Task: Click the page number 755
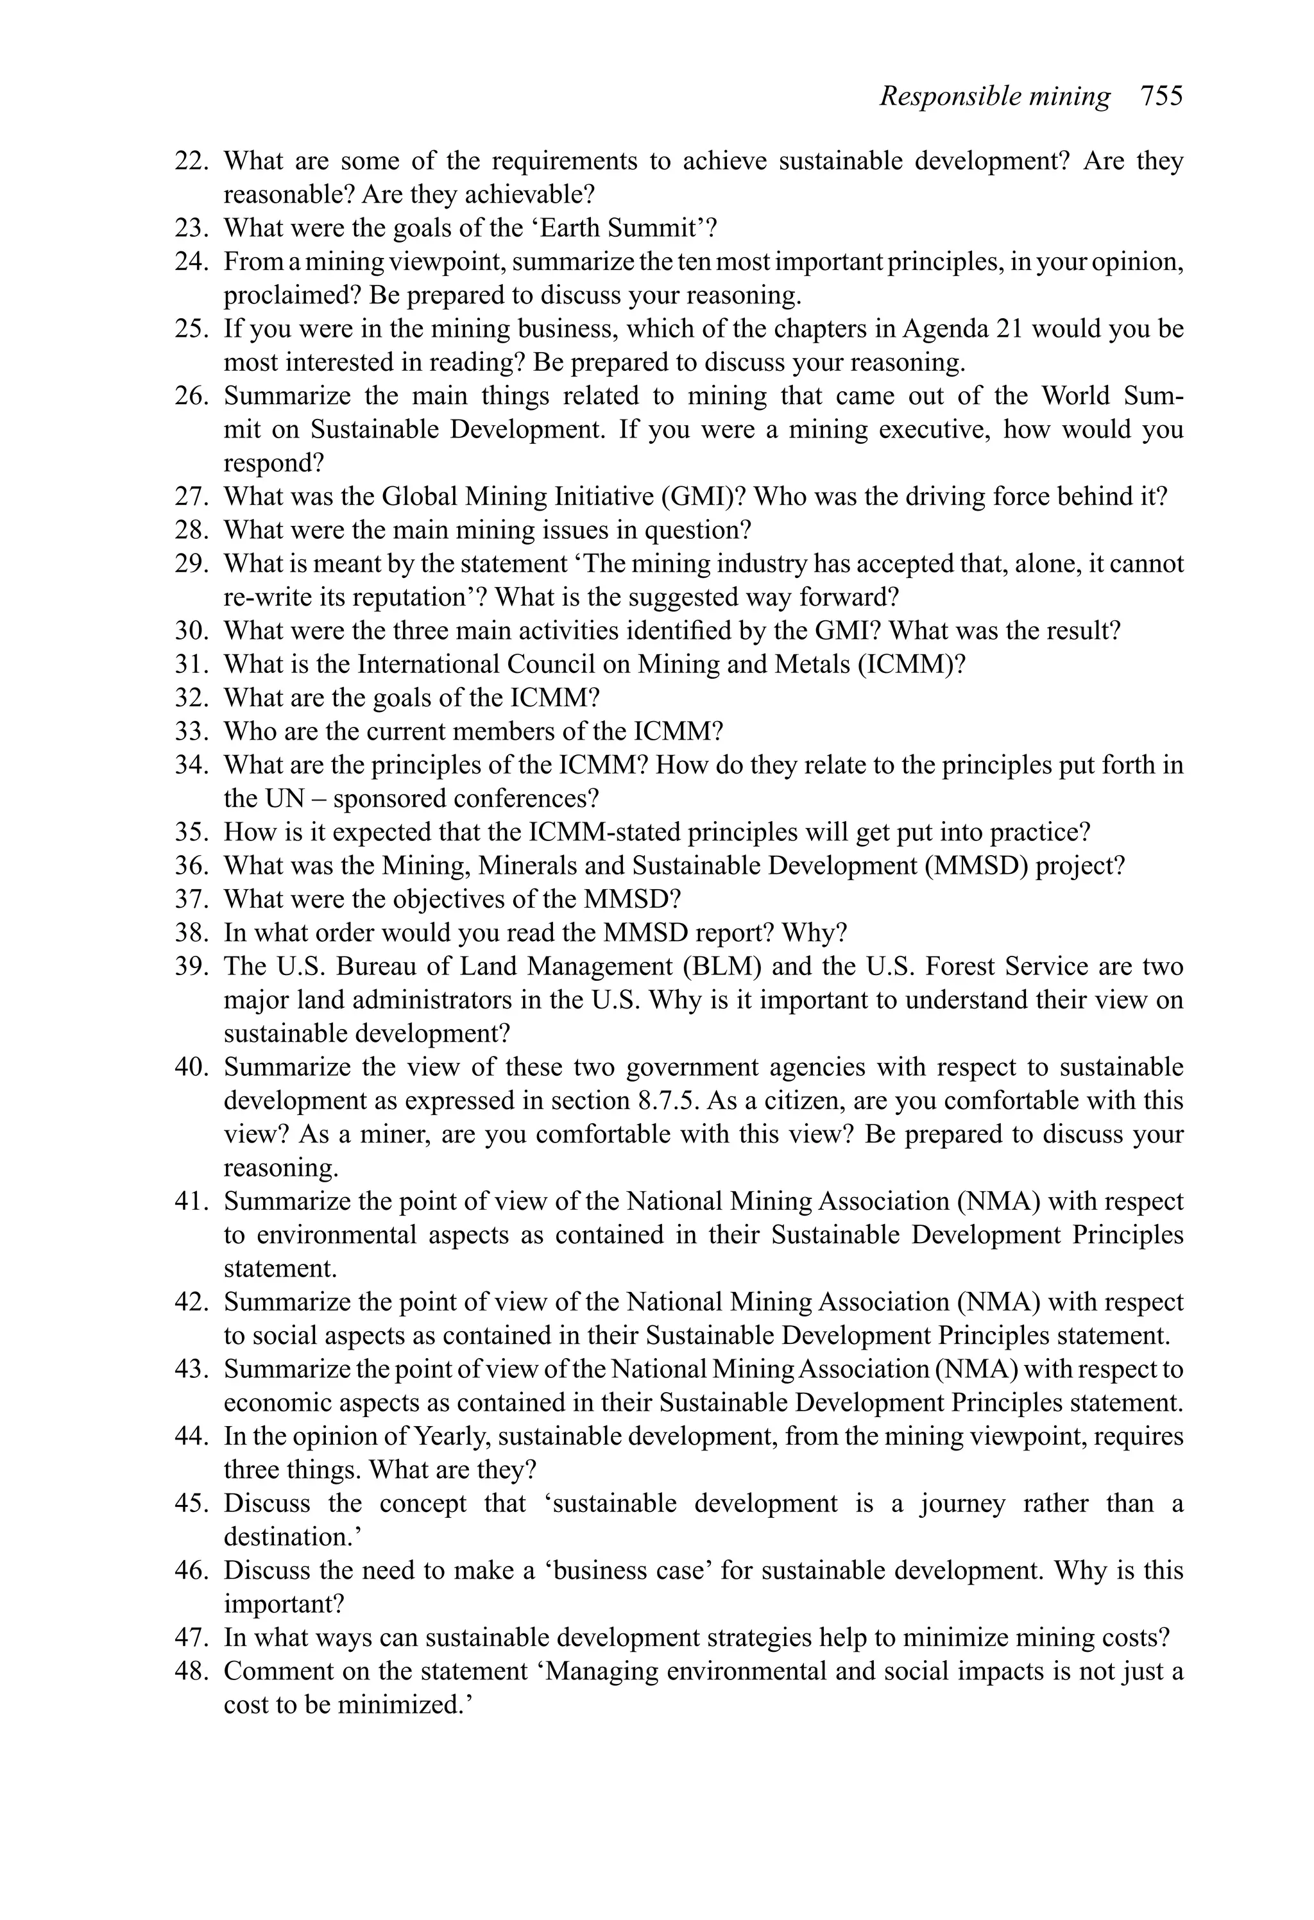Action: [x=1161, y=97]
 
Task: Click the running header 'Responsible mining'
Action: [x=994, y=97]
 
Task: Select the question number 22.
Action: [x=191, y=161]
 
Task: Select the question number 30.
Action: [x=191, y=631]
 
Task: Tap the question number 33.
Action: [x=191, y=732]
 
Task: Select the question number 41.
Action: [x=191, y=1202]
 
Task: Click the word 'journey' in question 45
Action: [x=964, y=1504]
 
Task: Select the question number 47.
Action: [x=191, y=1638]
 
